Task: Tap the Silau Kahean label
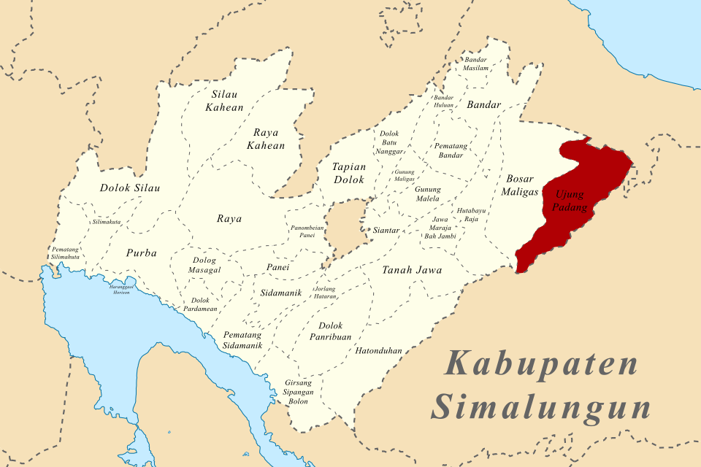[x=227, y=101]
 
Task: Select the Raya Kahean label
[x=269, y=139]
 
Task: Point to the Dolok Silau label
[x=130, y=188]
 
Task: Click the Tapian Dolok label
[x=349, y=173]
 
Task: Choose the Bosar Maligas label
[x=519, y=185]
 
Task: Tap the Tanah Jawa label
[x=412, y=270]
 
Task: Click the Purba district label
[x=141, y=253]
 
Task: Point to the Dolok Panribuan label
[x=331, y=331]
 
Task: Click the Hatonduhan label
[x=379, y=350]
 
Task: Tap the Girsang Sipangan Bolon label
[x=298, y=392]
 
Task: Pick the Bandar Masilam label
[x=475, y=63]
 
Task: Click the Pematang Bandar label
[x=451, y=150]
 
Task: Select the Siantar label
[x=386, y=231]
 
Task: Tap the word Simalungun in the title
[x=540, y=407]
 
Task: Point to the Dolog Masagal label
[x=204, y=265]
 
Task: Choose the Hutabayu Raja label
[x=467, y=215]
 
